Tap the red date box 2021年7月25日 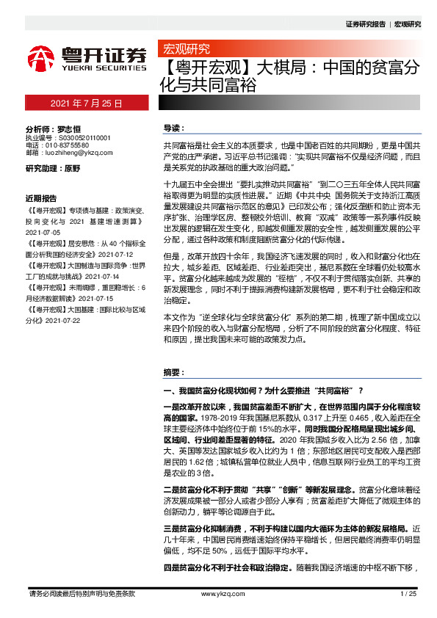pos(86,103)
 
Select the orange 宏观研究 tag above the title pos(185,49)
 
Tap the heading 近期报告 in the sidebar pos(41,199)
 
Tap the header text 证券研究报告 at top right pos(365,24)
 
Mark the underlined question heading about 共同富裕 pos(264,389)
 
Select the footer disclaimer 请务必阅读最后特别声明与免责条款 pos(81,593)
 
